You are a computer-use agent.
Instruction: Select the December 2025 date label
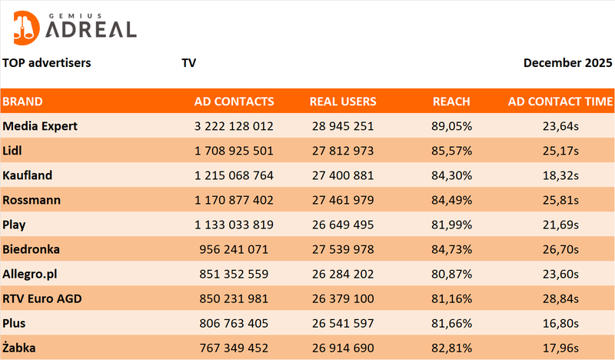coord(568,62)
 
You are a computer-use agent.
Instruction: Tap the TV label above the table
coord(189,62)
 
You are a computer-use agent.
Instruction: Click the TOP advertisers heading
coord(47,62)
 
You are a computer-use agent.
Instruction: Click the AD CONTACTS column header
coord(234,101)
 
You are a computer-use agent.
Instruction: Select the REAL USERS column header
coord(343,101)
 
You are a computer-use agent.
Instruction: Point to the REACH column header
coord(451,101)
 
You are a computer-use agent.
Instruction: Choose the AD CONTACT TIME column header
coord(560,101)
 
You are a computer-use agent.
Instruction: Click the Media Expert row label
coord(40,125)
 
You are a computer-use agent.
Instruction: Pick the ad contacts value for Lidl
coord(234,150)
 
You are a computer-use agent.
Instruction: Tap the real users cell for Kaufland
coord(343,175)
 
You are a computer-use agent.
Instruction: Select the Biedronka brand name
coord(32,249)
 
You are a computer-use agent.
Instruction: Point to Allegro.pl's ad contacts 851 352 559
coord(234,274)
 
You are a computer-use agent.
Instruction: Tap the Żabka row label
coord(19,348)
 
